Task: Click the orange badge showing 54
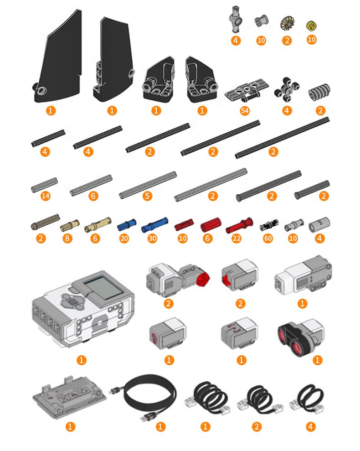click(x=245, y=111)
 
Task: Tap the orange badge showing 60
click(x=267, y=238)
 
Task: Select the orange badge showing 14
click(x=46, y=196)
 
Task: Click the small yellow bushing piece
click(x=311, y=26)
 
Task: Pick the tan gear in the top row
click(x=286, y=24)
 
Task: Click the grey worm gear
click(x=319, y=92)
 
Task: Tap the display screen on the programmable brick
click(x=103, y=289)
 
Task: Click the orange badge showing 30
click(x=152, y=238)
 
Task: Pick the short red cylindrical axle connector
click(x=211, y=225)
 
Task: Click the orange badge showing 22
click(x=237, y=238)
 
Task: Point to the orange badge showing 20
click(x=124, y=238)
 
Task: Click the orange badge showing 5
click(x=147, y=196)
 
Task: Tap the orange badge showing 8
click(x=67, y=238)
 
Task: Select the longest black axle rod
click(x=282, y=137)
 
